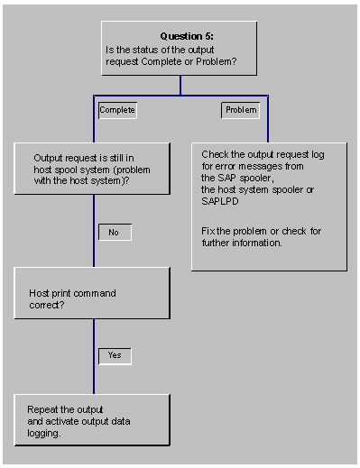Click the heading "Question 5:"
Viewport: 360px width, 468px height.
coord(180,36)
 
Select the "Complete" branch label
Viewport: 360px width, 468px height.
coord(117,110)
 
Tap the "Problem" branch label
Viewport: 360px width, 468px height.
coord(241,110)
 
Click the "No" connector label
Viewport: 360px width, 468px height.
coord(115,232)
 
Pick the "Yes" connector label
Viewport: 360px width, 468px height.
coord(115,355)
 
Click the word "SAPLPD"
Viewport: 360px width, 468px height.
coord(222,201)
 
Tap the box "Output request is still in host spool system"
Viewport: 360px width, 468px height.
coord(92,168)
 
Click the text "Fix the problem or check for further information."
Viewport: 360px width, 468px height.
coord(261,237)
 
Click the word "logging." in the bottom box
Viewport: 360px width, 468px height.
coord(46,434)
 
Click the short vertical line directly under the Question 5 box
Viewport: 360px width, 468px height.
coord(180,85)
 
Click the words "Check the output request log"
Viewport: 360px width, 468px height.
coord(263,154)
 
